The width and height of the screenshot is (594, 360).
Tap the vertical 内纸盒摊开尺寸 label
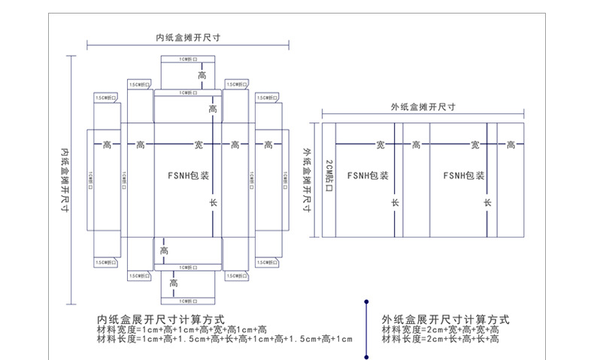(x=65, y=180)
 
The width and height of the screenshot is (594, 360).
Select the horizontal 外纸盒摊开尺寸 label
(x=424, y=107)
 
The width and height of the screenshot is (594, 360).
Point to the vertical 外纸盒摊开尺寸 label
(x=307, y=180)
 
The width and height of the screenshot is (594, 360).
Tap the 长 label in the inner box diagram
(x=213, y=204)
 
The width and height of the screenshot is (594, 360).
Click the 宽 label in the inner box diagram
(x=199, y=144)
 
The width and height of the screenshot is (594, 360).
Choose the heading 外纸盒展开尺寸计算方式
(x=445, y=319)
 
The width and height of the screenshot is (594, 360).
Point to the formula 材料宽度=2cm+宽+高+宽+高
(x=440, y=329)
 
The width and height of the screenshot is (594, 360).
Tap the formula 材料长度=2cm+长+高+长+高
(x=440, y=340)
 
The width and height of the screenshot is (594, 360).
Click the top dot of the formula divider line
(x=365, y=301)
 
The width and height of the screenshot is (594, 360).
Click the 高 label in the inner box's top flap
(x=202, y=76)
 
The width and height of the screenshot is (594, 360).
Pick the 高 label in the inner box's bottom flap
(x=174, y=283)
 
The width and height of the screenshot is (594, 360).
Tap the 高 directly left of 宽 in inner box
(x=140, y=144)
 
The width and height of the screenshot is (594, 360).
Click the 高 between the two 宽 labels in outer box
(x=416, y=144)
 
